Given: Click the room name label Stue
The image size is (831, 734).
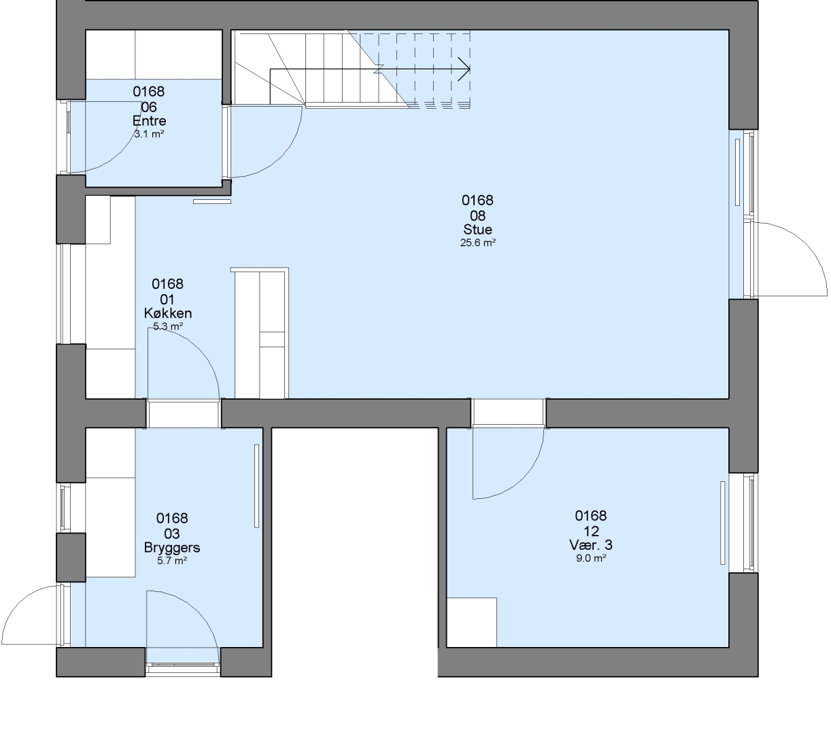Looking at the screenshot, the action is point(477,229).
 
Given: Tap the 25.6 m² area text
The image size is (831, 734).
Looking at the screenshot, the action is point(478,243).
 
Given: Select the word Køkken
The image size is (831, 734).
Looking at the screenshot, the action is point(168,313).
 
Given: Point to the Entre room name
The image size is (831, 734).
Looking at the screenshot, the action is point(149,121).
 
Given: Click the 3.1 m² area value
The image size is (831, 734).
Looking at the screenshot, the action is point(149,134).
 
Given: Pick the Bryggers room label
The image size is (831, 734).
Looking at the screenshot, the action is point(172,548).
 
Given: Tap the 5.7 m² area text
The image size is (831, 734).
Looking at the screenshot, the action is point(172,561).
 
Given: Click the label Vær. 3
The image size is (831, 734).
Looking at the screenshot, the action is point(591,545).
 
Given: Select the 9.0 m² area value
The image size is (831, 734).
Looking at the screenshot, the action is point(591,558).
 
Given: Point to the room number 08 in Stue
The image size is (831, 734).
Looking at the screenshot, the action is point(477,215).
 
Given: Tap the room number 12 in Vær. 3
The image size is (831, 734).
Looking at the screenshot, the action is point(591,531).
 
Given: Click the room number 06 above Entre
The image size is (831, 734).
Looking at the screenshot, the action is point(149,107).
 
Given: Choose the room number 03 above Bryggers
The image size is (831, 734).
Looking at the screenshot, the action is point(172,534).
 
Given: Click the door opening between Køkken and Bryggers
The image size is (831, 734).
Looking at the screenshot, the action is point(184,413).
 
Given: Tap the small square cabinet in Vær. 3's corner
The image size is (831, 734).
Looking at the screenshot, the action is point(472,623).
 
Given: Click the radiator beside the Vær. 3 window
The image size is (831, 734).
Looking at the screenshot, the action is point(722,523).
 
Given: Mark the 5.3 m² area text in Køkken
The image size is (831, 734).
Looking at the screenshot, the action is point(168,326).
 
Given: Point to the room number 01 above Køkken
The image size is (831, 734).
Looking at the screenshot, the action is point(168,299).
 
